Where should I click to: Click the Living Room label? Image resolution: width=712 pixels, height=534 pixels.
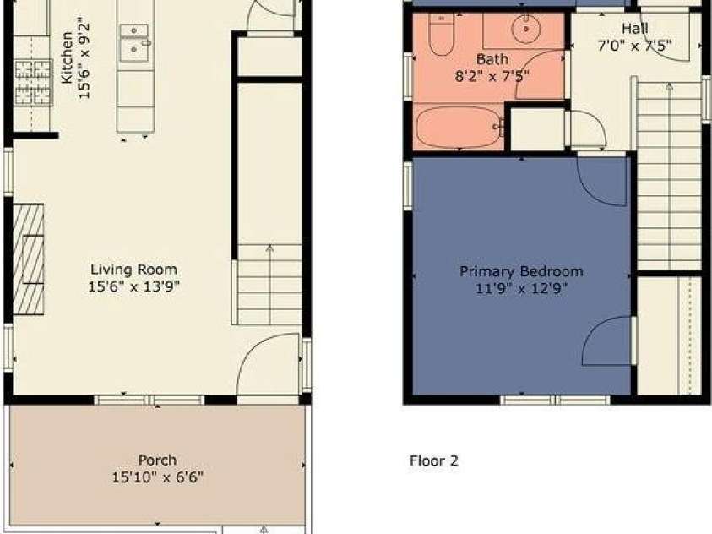click(x=134, y=270)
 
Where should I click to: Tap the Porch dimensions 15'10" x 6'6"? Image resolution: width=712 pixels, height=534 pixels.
click(x=158, y=477)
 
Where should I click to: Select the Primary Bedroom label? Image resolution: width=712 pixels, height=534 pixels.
click(x=521, y=271)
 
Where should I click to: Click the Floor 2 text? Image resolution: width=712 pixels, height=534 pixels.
click(x=433, y=461)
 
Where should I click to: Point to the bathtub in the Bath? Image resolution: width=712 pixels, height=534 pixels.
click(x=459, y=128)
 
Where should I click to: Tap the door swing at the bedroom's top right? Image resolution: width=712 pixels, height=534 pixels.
click(x=601, y=178)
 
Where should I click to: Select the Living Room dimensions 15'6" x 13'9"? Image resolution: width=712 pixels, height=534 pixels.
click(x=134, y=286)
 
